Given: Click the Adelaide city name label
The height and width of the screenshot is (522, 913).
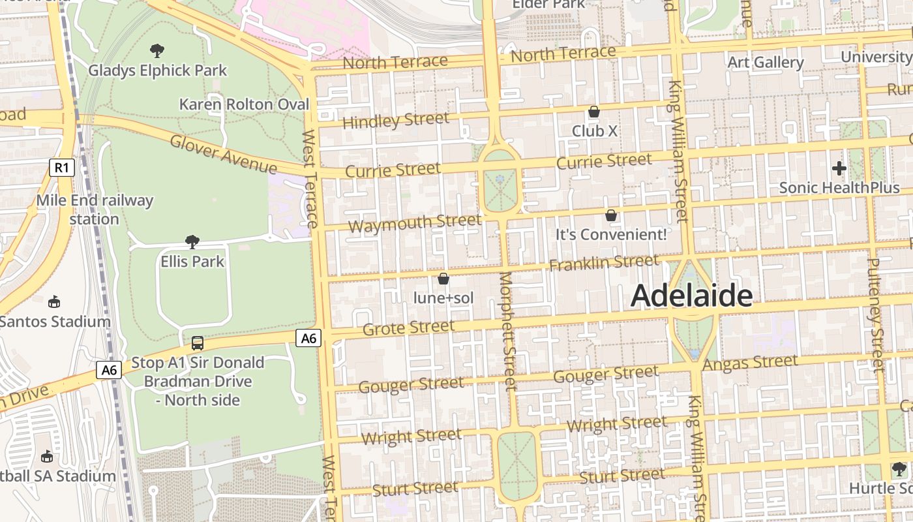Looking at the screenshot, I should coord(691,296).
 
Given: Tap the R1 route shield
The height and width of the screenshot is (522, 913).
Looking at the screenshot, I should coord(61,168).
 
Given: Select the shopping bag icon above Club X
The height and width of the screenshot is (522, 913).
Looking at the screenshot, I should coord(593,112).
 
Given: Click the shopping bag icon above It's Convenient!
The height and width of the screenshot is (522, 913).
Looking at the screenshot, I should coord(611,215).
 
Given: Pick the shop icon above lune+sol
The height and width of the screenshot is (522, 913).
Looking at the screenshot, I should coord(443,279).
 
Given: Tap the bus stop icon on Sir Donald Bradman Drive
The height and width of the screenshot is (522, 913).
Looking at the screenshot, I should coord(197,343).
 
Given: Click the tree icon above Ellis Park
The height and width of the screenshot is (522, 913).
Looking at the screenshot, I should coord(192,242).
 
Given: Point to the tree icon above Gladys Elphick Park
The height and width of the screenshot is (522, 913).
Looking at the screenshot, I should coord(157,50).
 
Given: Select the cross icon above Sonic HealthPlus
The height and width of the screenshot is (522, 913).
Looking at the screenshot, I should coord(839,168).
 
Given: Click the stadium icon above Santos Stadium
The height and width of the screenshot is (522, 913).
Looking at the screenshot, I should coord(55,301).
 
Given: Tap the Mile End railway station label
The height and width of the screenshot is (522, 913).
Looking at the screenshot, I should coord(95,209).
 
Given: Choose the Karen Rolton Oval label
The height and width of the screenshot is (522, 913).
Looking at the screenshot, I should coord(244,104).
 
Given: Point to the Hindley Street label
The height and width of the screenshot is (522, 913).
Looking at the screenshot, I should coord(395,121).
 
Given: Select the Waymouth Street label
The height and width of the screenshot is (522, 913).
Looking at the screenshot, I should coord(414,223).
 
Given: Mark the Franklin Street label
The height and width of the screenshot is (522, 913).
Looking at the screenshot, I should coord(603,263).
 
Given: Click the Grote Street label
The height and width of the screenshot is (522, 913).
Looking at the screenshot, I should coord(408,328).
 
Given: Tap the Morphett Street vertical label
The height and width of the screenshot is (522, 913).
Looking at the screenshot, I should coord(508,339).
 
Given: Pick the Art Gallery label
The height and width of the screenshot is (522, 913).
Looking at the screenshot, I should coord(765,63).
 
